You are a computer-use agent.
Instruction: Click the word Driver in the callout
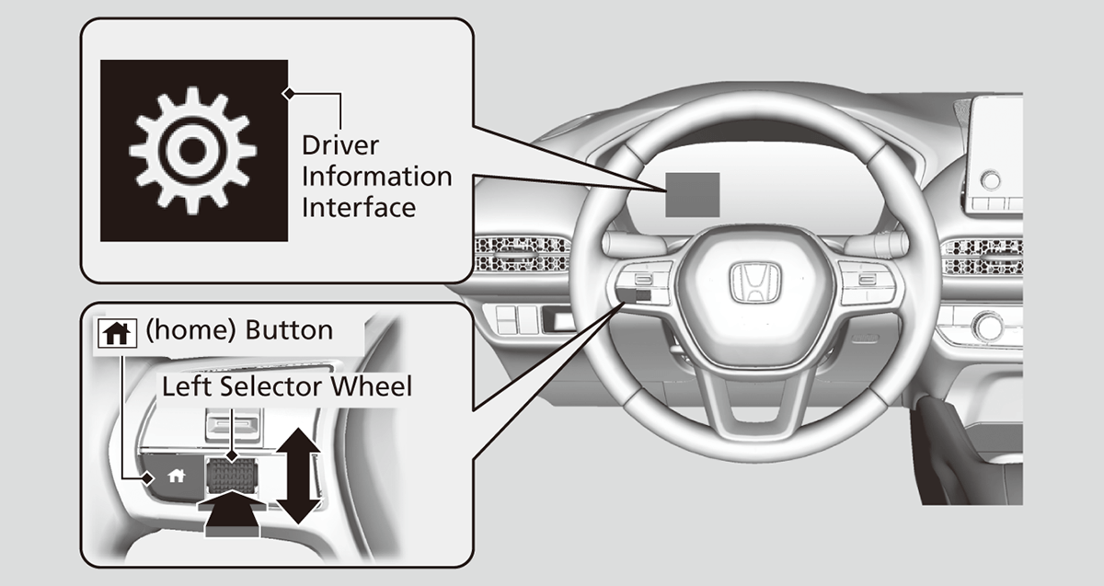click(340, 145)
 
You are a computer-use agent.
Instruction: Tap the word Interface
click(359, 207)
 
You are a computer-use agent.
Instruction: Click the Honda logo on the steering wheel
click(753, 282)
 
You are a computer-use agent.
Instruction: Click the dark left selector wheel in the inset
click(228, 474)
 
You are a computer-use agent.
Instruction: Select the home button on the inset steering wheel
click(175, 476)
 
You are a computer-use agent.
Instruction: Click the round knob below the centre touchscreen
click(991, 179)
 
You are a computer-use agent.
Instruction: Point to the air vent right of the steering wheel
click(982, 257)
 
